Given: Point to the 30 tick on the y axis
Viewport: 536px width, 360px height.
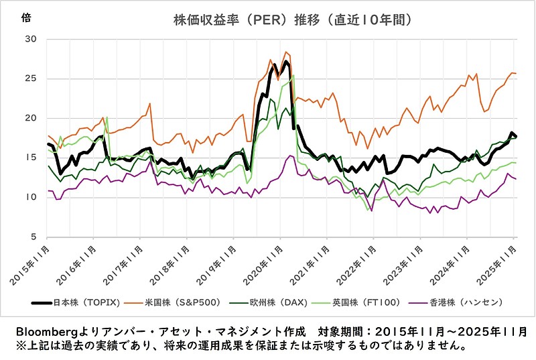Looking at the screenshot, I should (x=30, y=39).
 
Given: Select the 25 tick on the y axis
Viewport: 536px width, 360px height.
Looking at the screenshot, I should (x=30, y=78).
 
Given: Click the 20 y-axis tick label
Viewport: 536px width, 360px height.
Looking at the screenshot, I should (x=30, y=118).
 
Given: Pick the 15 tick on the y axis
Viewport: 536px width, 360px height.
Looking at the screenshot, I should (x=30, y=158).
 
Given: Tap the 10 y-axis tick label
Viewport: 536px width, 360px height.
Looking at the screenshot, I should (x=30, y=197).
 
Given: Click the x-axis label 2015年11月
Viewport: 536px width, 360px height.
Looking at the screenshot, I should (x=28, y=262).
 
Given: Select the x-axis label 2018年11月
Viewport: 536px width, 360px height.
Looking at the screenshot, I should (x=168, y=262).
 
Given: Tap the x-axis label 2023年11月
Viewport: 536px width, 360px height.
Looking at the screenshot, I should (x=401, y=262).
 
